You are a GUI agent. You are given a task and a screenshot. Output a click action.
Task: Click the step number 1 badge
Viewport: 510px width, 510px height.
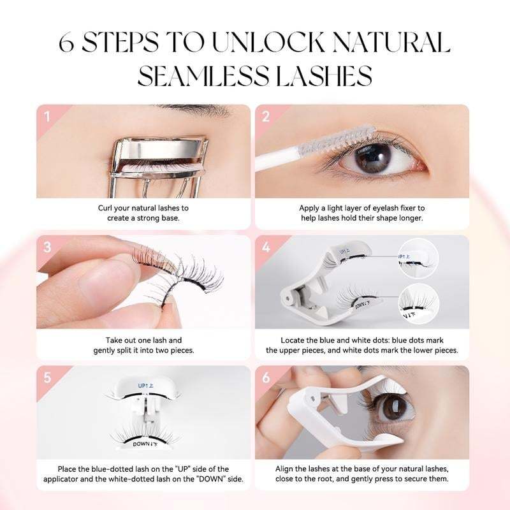coord(47,117)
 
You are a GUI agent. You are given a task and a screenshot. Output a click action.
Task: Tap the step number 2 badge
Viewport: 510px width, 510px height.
coord(266,117)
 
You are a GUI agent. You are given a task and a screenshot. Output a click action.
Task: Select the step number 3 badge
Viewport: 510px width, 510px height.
coord(47,247)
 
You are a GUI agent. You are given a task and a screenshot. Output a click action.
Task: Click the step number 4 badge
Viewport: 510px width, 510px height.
coord(266,247)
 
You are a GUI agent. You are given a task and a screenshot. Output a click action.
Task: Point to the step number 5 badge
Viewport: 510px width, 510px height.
coord(47,377)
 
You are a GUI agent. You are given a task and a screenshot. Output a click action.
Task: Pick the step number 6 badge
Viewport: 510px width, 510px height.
coord(266,377)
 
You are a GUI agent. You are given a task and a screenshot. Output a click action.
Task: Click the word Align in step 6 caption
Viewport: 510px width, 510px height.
coord(290,469)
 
